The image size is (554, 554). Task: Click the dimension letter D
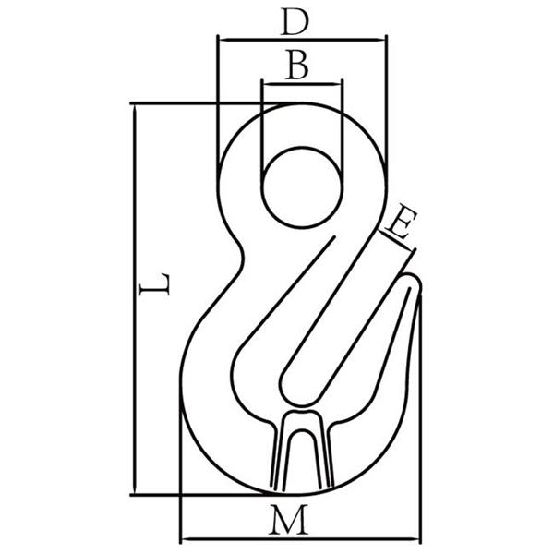(x=295, y=22)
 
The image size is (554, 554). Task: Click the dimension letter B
(x=297, y=65)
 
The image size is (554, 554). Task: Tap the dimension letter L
(x=155, y=283)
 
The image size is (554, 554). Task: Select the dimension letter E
(x=401, y=223)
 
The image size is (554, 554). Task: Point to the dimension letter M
(x=288, y=520)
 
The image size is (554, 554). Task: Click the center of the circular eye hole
(x=302, y=187)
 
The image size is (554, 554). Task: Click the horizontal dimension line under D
(x=303, y=39)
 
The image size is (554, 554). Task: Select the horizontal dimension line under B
(x=302, y=84)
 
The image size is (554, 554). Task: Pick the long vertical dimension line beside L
(x=134, y=299)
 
